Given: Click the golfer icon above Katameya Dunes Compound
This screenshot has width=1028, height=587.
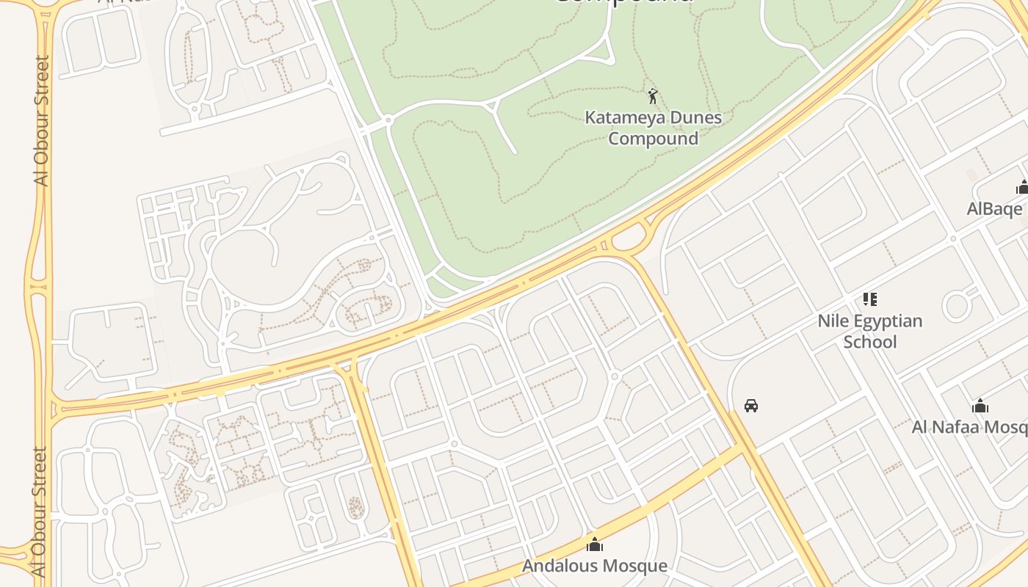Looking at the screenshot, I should click(652, 95).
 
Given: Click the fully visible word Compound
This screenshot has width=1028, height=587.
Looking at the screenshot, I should click(654, 138).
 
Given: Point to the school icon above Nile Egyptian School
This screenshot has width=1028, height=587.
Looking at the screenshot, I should click(870, 299).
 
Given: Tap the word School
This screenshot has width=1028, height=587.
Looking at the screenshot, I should click(870, 342).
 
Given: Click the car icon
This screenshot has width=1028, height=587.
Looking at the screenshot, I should click(750, 405).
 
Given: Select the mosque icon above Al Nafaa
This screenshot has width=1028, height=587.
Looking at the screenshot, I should click(980, 406).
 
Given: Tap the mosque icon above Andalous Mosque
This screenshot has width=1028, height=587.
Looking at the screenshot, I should click(595, 544).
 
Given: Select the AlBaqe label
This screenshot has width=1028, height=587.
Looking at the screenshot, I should click(994, 208).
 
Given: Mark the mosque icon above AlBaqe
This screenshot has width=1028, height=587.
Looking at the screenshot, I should click(1022, 187).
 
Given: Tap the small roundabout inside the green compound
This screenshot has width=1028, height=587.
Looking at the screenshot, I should click(388, 119).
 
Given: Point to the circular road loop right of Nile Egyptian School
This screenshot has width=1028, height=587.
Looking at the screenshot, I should click(957, 305).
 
